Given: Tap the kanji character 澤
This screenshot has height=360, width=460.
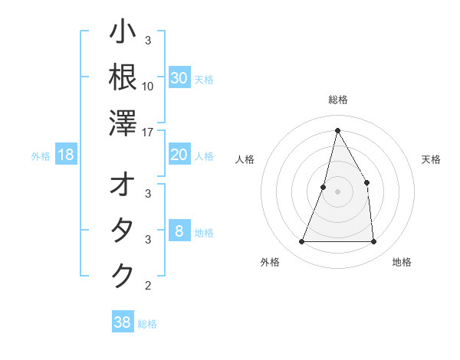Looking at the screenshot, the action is point(123,123).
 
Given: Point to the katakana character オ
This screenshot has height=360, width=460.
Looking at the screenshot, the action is point(123,185).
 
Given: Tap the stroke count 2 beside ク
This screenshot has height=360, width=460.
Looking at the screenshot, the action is point(148,286).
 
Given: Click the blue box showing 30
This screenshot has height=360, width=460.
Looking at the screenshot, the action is point(179,78).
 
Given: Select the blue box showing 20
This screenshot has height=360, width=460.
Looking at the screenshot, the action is point(179,155).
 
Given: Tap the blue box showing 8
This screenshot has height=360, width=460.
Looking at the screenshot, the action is point(179,231).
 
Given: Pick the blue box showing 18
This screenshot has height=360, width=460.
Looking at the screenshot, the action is point(66,155).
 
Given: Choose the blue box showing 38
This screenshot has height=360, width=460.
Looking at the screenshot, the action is point(123,322).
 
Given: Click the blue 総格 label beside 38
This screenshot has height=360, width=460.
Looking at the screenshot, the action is point(147,324).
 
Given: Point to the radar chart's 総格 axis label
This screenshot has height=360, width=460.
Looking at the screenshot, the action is point(337,100).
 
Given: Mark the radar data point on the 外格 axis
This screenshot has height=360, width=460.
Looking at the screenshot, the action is point(301,242).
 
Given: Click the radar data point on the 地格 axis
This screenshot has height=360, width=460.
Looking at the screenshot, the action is point(373,242).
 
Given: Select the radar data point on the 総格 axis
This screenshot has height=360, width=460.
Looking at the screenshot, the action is point(337,129).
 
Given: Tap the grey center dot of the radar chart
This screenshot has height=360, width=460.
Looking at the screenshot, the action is point(337,191).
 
